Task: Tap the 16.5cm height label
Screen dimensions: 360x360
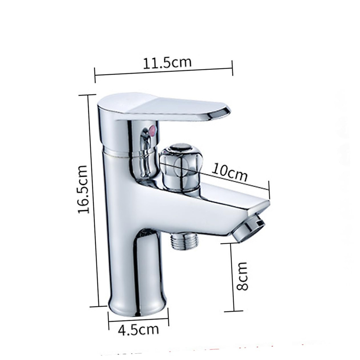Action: (83, 189)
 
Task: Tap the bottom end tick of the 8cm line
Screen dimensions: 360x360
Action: (233, 311)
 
